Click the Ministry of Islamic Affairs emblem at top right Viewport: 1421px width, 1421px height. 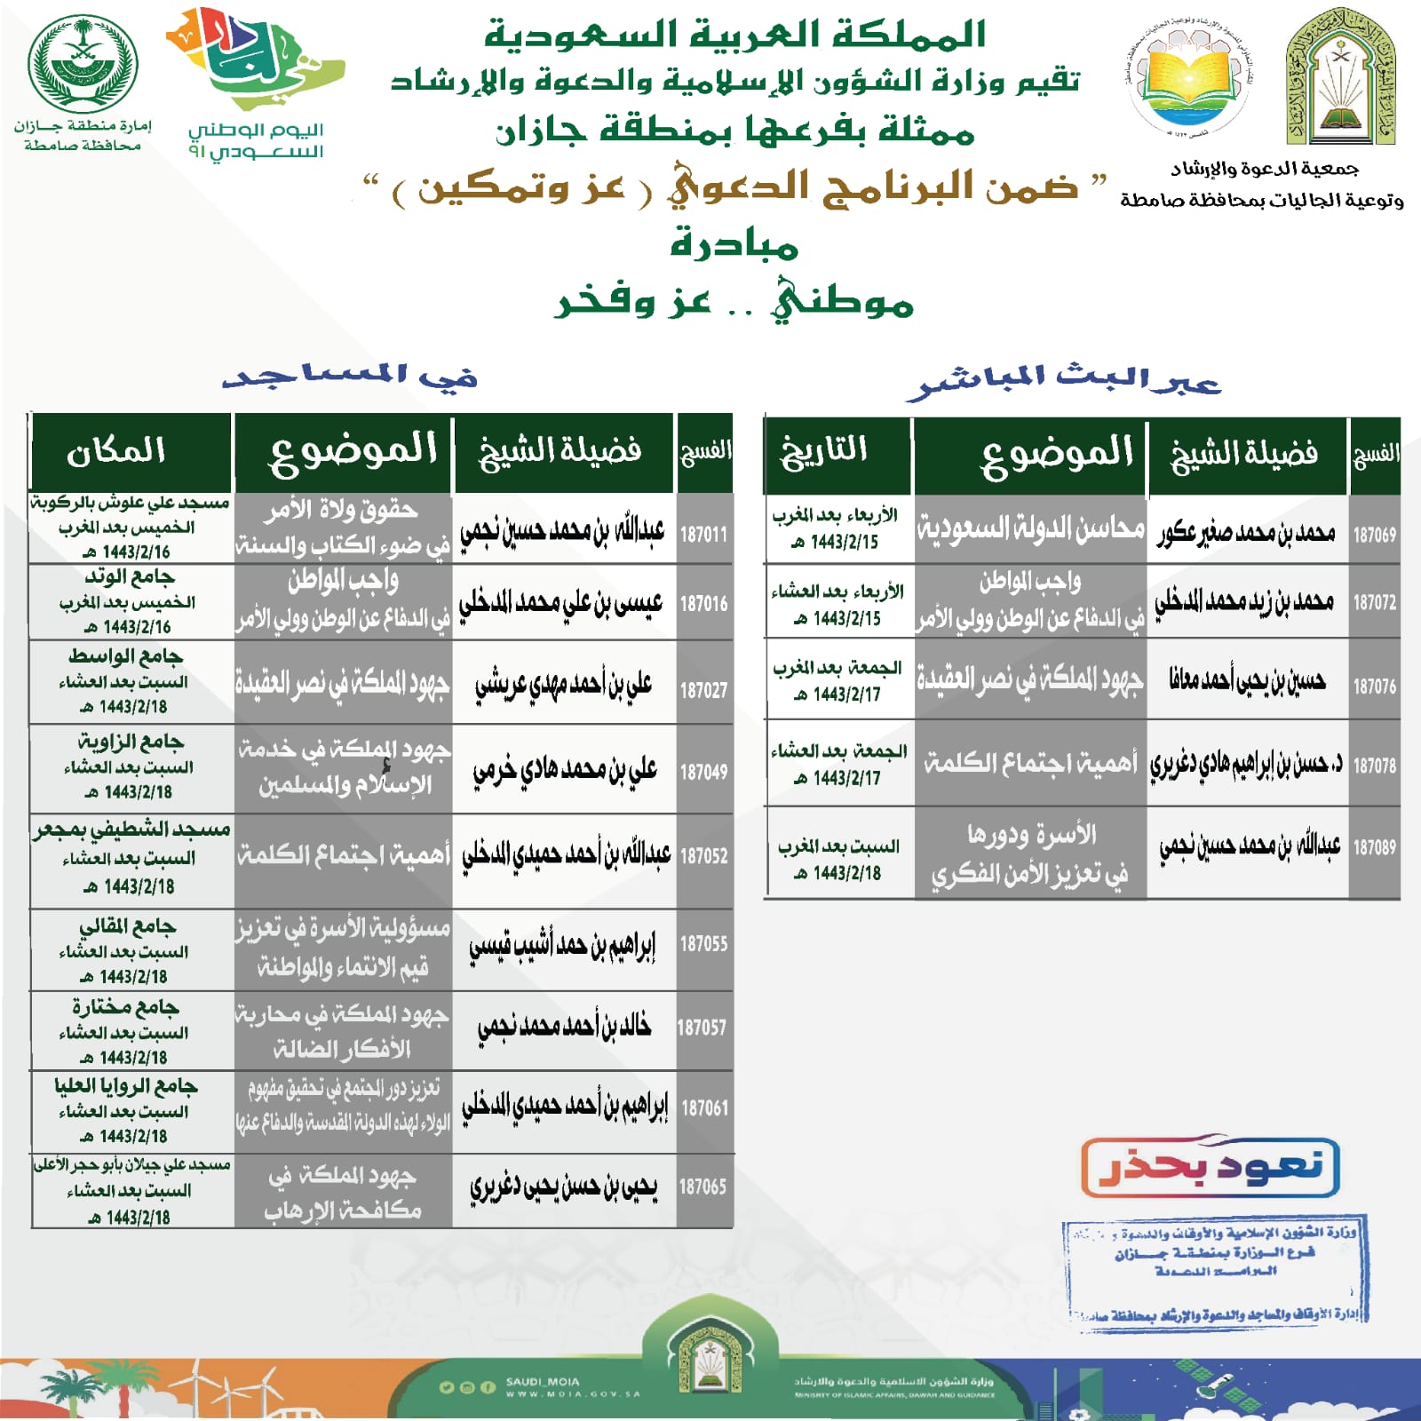(1339, 78)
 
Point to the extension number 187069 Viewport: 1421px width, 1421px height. (1374, 535)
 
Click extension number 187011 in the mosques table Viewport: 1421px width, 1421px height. (703, 535)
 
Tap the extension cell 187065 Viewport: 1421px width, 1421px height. (703, 1187)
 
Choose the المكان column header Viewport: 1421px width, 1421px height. (116, 451)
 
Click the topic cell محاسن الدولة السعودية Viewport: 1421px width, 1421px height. (1030, 529)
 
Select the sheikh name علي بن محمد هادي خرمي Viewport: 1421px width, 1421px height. (565, 770)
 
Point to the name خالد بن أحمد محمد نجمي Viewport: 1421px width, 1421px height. (565, 1028)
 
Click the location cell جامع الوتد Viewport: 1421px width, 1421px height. (130, 578)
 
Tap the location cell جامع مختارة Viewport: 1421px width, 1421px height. (125, 1008)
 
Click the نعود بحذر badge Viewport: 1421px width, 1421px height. (1211, 1166)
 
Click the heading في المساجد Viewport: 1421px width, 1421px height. (350, 377)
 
